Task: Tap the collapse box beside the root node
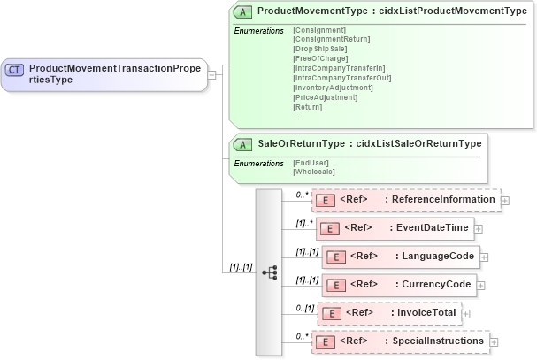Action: [x=212, y=74]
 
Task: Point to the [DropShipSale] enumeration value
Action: [x=319, y=48]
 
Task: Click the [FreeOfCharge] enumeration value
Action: [x=320, y=57]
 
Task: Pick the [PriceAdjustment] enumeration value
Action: [x=325, y=96]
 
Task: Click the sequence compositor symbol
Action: [x=269, y=272]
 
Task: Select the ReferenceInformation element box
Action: [x=406, y=200]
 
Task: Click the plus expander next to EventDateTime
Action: [x=479, y=229]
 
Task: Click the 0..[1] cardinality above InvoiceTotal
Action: [x=305, y=308]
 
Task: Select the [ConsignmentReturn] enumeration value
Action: [x=331, y=38]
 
